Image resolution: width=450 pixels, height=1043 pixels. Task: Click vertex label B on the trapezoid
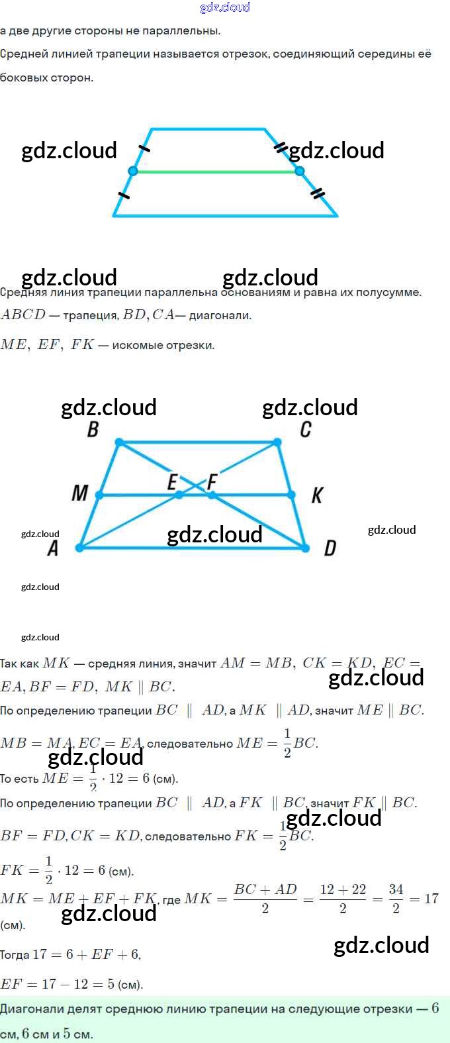(93, 430)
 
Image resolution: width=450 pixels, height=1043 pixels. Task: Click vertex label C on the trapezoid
(305, 430)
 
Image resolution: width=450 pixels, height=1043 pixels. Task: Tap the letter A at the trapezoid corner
(54, 548)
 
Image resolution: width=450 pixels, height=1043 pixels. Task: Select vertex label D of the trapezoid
(330, 548)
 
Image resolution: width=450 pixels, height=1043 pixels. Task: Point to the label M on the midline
(79, 493)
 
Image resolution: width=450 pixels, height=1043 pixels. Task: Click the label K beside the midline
(317, 495)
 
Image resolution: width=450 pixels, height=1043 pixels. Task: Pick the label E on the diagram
(172, 481)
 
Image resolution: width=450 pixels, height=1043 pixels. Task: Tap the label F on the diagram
(212, 481)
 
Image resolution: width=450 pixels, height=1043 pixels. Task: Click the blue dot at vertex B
(119, 442)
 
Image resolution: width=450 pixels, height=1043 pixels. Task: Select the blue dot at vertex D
(305, 548)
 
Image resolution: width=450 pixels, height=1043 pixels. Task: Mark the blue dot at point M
(99, 495)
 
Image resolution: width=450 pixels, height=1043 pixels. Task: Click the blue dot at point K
(291, 495)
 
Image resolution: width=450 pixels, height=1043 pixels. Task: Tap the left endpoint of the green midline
(132, 171)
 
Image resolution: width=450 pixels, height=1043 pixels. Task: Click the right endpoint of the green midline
(299, 171)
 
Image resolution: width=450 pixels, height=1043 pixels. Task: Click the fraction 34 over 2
(396, 899)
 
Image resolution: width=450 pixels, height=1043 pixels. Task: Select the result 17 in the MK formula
(431, 899)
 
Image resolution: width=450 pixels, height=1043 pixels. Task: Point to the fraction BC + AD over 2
(265, 899)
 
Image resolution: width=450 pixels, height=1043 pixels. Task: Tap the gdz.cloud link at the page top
(225, 7)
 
